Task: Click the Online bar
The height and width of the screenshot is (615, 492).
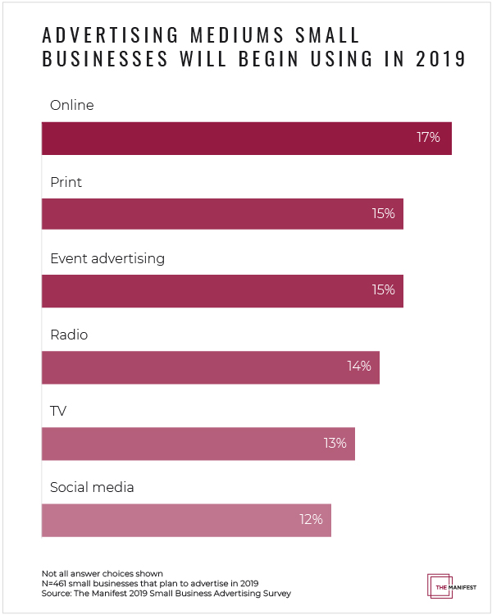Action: tap(246, 138)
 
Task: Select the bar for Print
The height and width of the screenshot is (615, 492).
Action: tap(221, 214)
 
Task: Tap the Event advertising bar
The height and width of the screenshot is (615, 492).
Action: tap(221, 290)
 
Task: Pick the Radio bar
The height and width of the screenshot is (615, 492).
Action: tap(210, 367)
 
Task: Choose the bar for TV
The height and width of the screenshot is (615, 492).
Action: tap(198, 443)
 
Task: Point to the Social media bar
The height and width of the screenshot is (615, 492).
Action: tap(185, 519)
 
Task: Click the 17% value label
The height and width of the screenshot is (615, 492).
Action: tap(428, 138)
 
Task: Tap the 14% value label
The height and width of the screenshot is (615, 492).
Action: tap(359, 367)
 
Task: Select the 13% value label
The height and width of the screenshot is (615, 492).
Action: tap(335, 443)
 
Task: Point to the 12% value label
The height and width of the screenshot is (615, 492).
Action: tap(311, 519)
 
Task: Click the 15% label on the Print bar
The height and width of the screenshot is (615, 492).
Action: tap(383, 214)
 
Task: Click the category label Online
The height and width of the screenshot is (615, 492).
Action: tap(72, 106)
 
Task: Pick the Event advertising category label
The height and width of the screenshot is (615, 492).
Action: tap(107, 259)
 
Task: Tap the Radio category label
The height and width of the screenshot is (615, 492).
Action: tap(69, 335)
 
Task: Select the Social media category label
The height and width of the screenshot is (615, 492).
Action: tap(92, 488)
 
